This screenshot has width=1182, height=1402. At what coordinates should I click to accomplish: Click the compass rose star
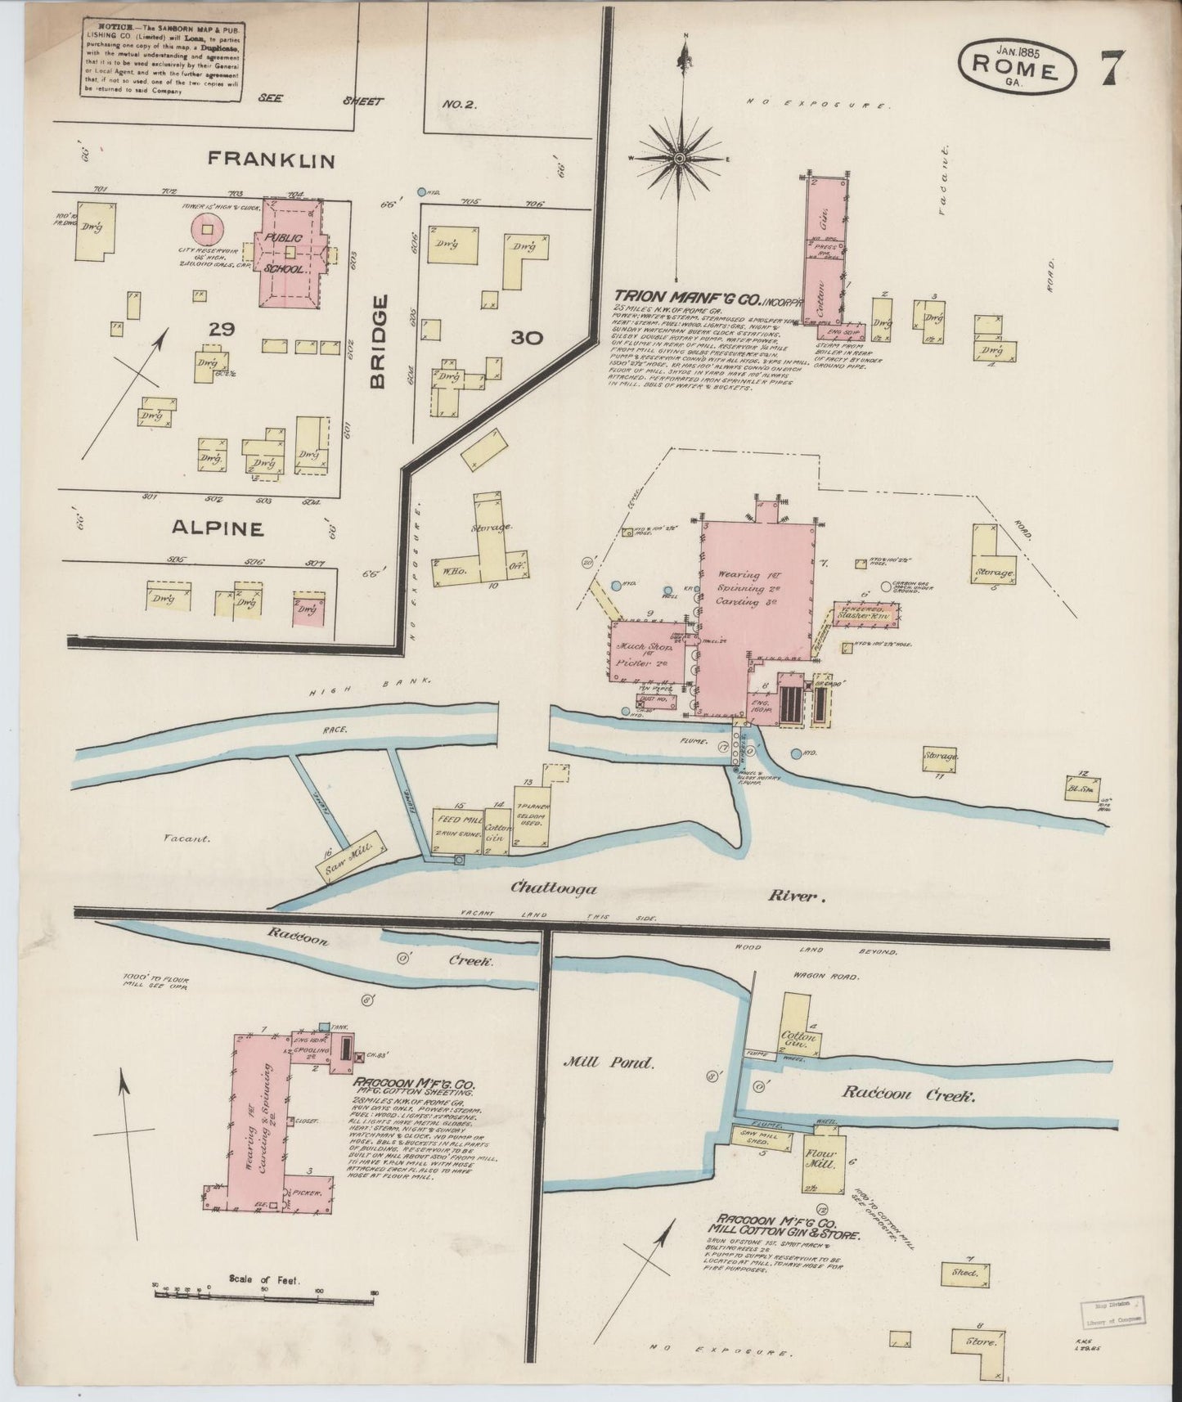point(681,156)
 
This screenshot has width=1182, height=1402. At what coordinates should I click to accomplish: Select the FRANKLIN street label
point(272,160)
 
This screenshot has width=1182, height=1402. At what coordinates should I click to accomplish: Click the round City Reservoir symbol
point(208,228)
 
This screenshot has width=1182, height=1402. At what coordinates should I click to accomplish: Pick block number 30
point(527,336)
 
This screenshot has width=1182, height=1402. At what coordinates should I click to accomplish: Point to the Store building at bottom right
point(980,1341)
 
